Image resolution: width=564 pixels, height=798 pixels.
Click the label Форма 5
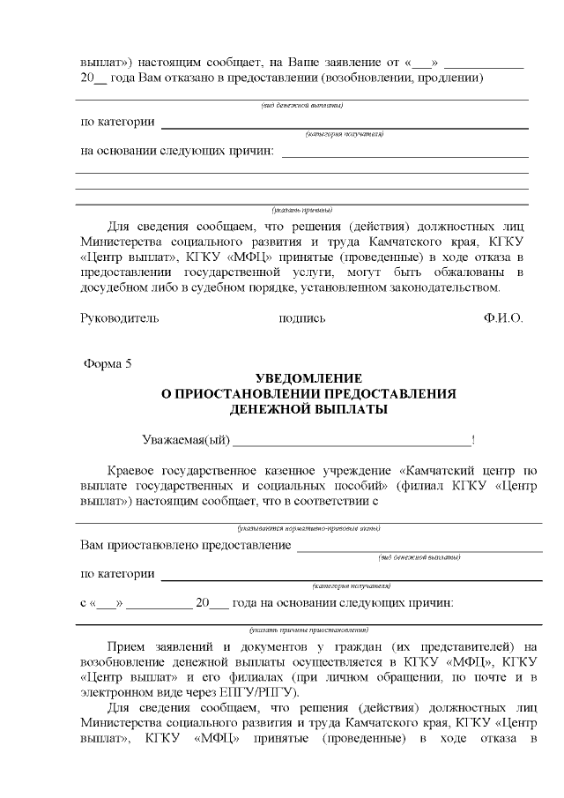pyautogui.click(x=108, y=364)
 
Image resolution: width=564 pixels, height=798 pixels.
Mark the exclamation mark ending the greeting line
pyautogui.click(x=474, y=439)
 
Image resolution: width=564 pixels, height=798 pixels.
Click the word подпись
pyautogui.click(x=301, y=318)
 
